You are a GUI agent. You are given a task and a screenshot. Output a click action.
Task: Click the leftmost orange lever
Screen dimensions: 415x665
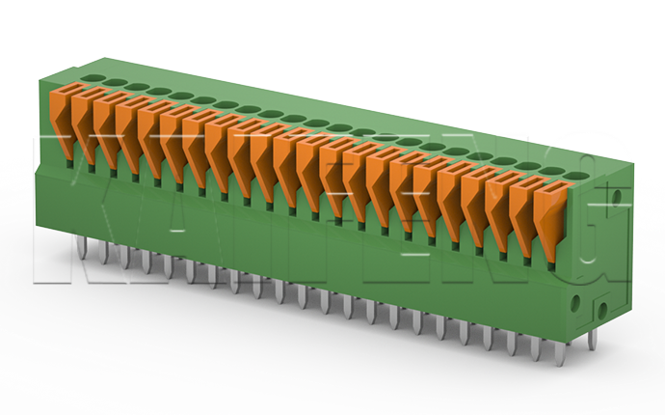pyautogui.click(x=61, y=121)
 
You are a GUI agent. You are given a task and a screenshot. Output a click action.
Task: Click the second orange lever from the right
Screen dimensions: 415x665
pyautogui.click(x=525, y=212)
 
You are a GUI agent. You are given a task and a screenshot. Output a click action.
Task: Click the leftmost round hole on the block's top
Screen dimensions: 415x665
pyautogui.click(x=93, y=77)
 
